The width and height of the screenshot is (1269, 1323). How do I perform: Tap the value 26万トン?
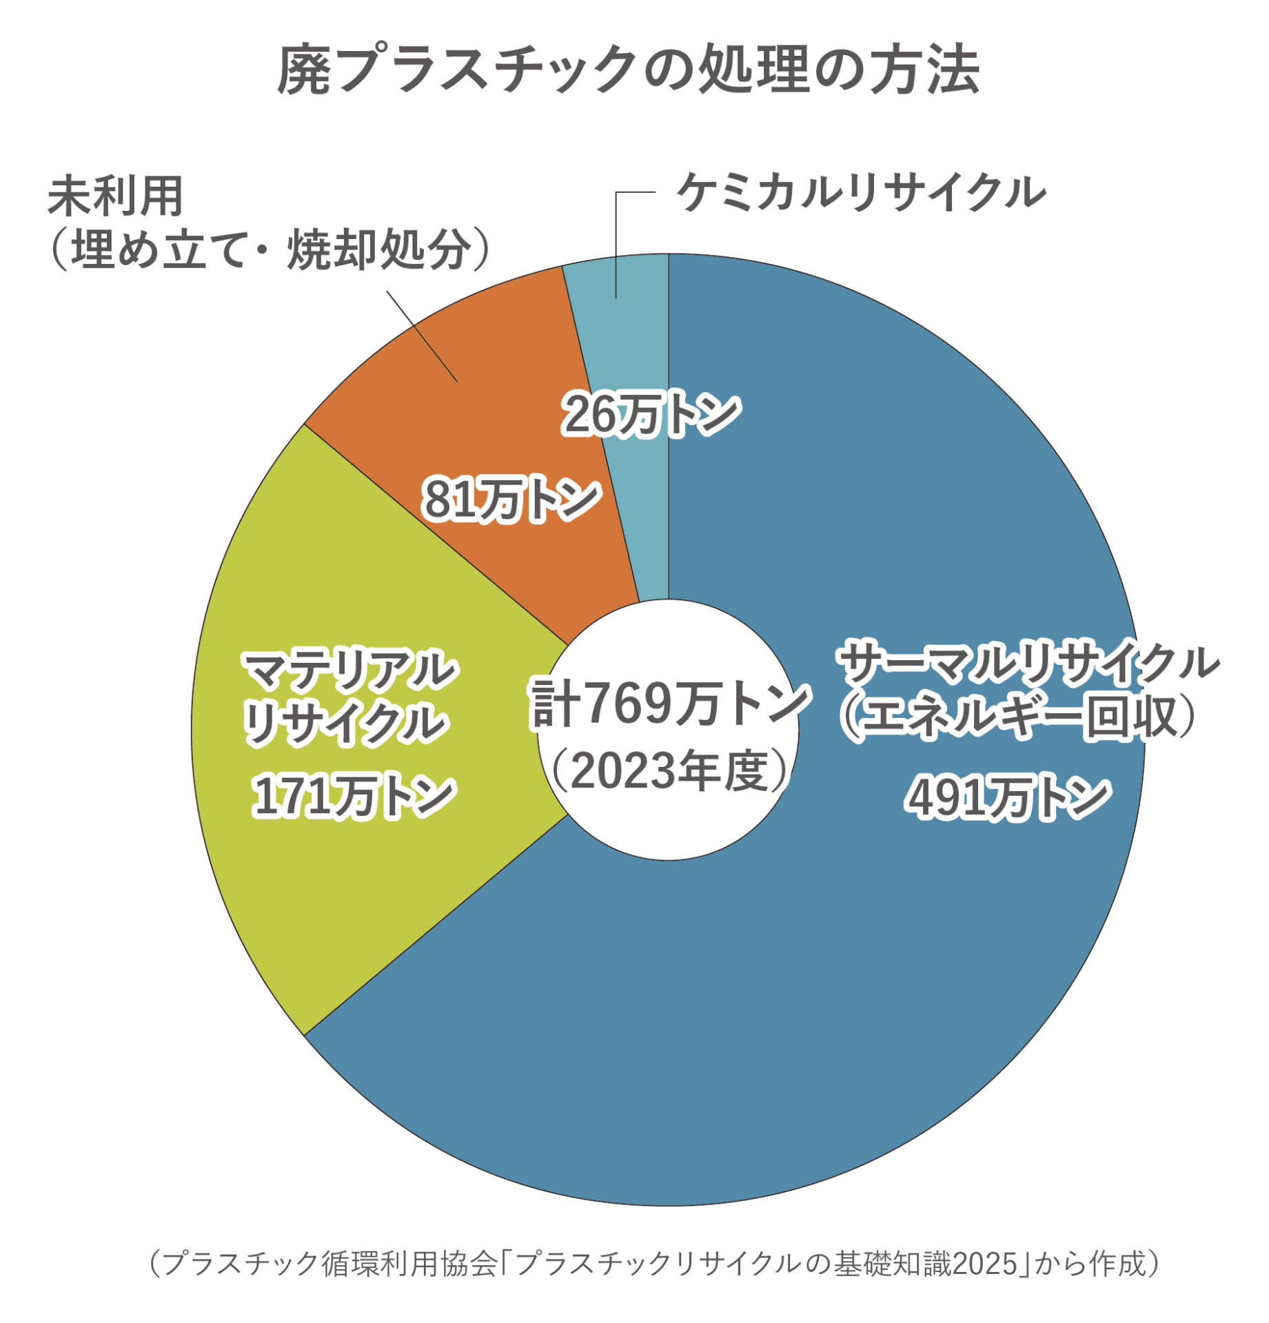[x=651, y=415]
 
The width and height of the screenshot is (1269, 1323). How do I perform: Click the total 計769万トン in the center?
[x=669, y=703]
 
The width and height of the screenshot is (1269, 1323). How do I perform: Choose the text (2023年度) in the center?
[x=669, y=771]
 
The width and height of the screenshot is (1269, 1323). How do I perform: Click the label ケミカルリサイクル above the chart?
[x=861, y=192]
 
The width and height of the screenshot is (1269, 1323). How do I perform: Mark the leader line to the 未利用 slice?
[x=422, y=336]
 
